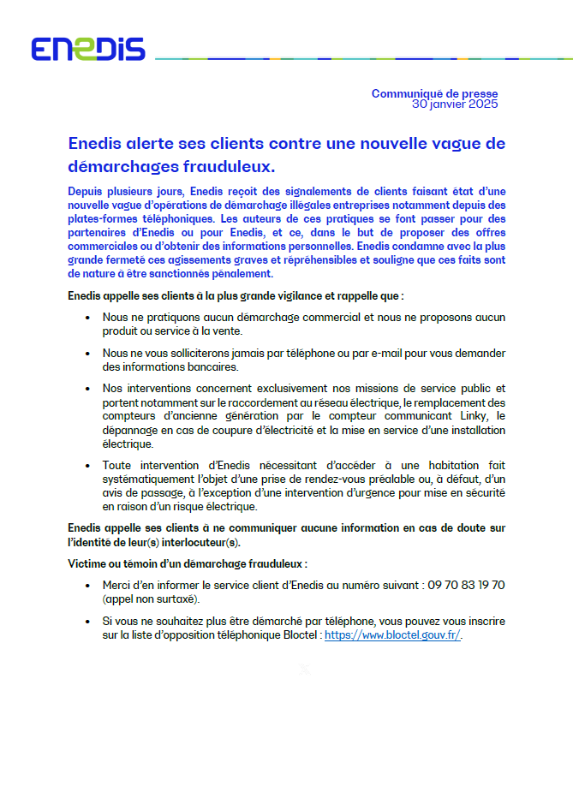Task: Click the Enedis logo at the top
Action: [88, 50]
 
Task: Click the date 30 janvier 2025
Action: [454, 104]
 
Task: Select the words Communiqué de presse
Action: [434, 93]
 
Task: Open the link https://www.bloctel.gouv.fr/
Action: [393, 636]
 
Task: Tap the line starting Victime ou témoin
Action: [188, 563]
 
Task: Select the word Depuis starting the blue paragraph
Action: [85, 191]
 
